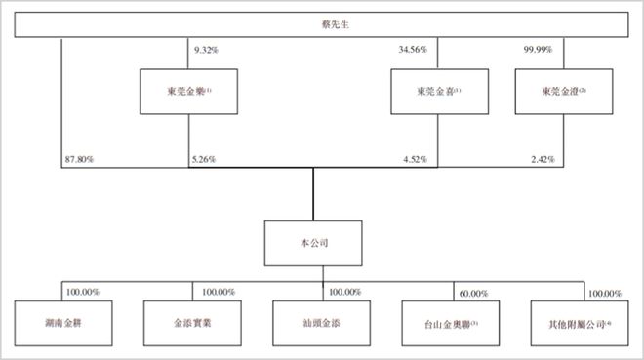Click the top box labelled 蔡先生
click(322, 24)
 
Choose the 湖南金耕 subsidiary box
click(61, 321)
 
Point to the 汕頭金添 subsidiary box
click(322, 321)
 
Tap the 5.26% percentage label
click(203, 158)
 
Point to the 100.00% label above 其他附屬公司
click(603, 293)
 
